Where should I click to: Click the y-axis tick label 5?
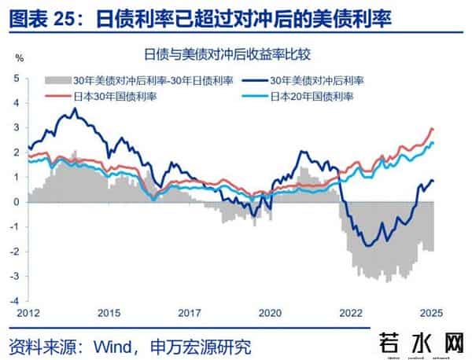coord(17,78)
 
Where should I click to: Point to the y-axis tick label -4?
coord(15,301)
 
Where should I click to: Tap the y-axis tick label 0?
coord(17,202)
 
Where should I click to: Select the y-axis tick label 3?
coord(17,127)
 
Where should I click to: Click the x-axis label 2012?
coord(30,312)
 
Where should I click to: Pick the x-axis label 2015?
coord(109,312)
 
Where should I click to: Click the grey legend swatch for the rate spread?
coord(57,81)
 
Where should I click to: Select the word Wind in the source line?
coord(116,346)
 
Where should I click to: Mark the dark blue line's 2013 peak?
coord(74,108)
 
